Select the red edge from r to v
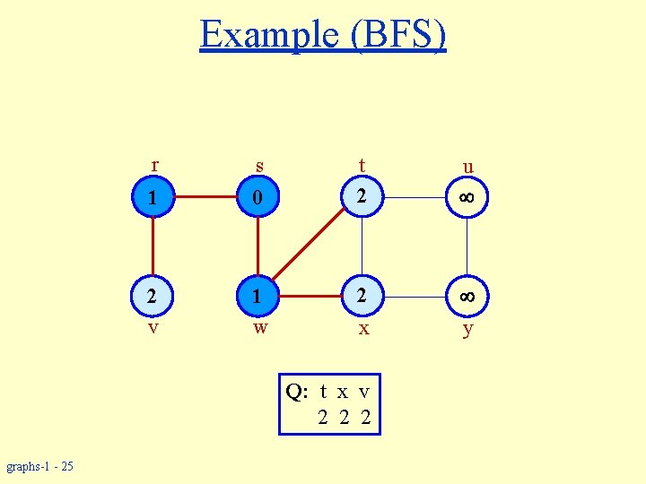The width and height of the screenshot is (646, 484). pos(153,246)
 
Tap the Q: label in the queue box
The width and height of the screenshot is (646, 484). pos(298,392)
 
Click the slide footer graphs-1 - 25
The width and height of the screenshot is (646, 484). pos(39,466)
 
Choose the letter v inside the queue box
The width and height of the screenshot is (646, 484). pos(363,393)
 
